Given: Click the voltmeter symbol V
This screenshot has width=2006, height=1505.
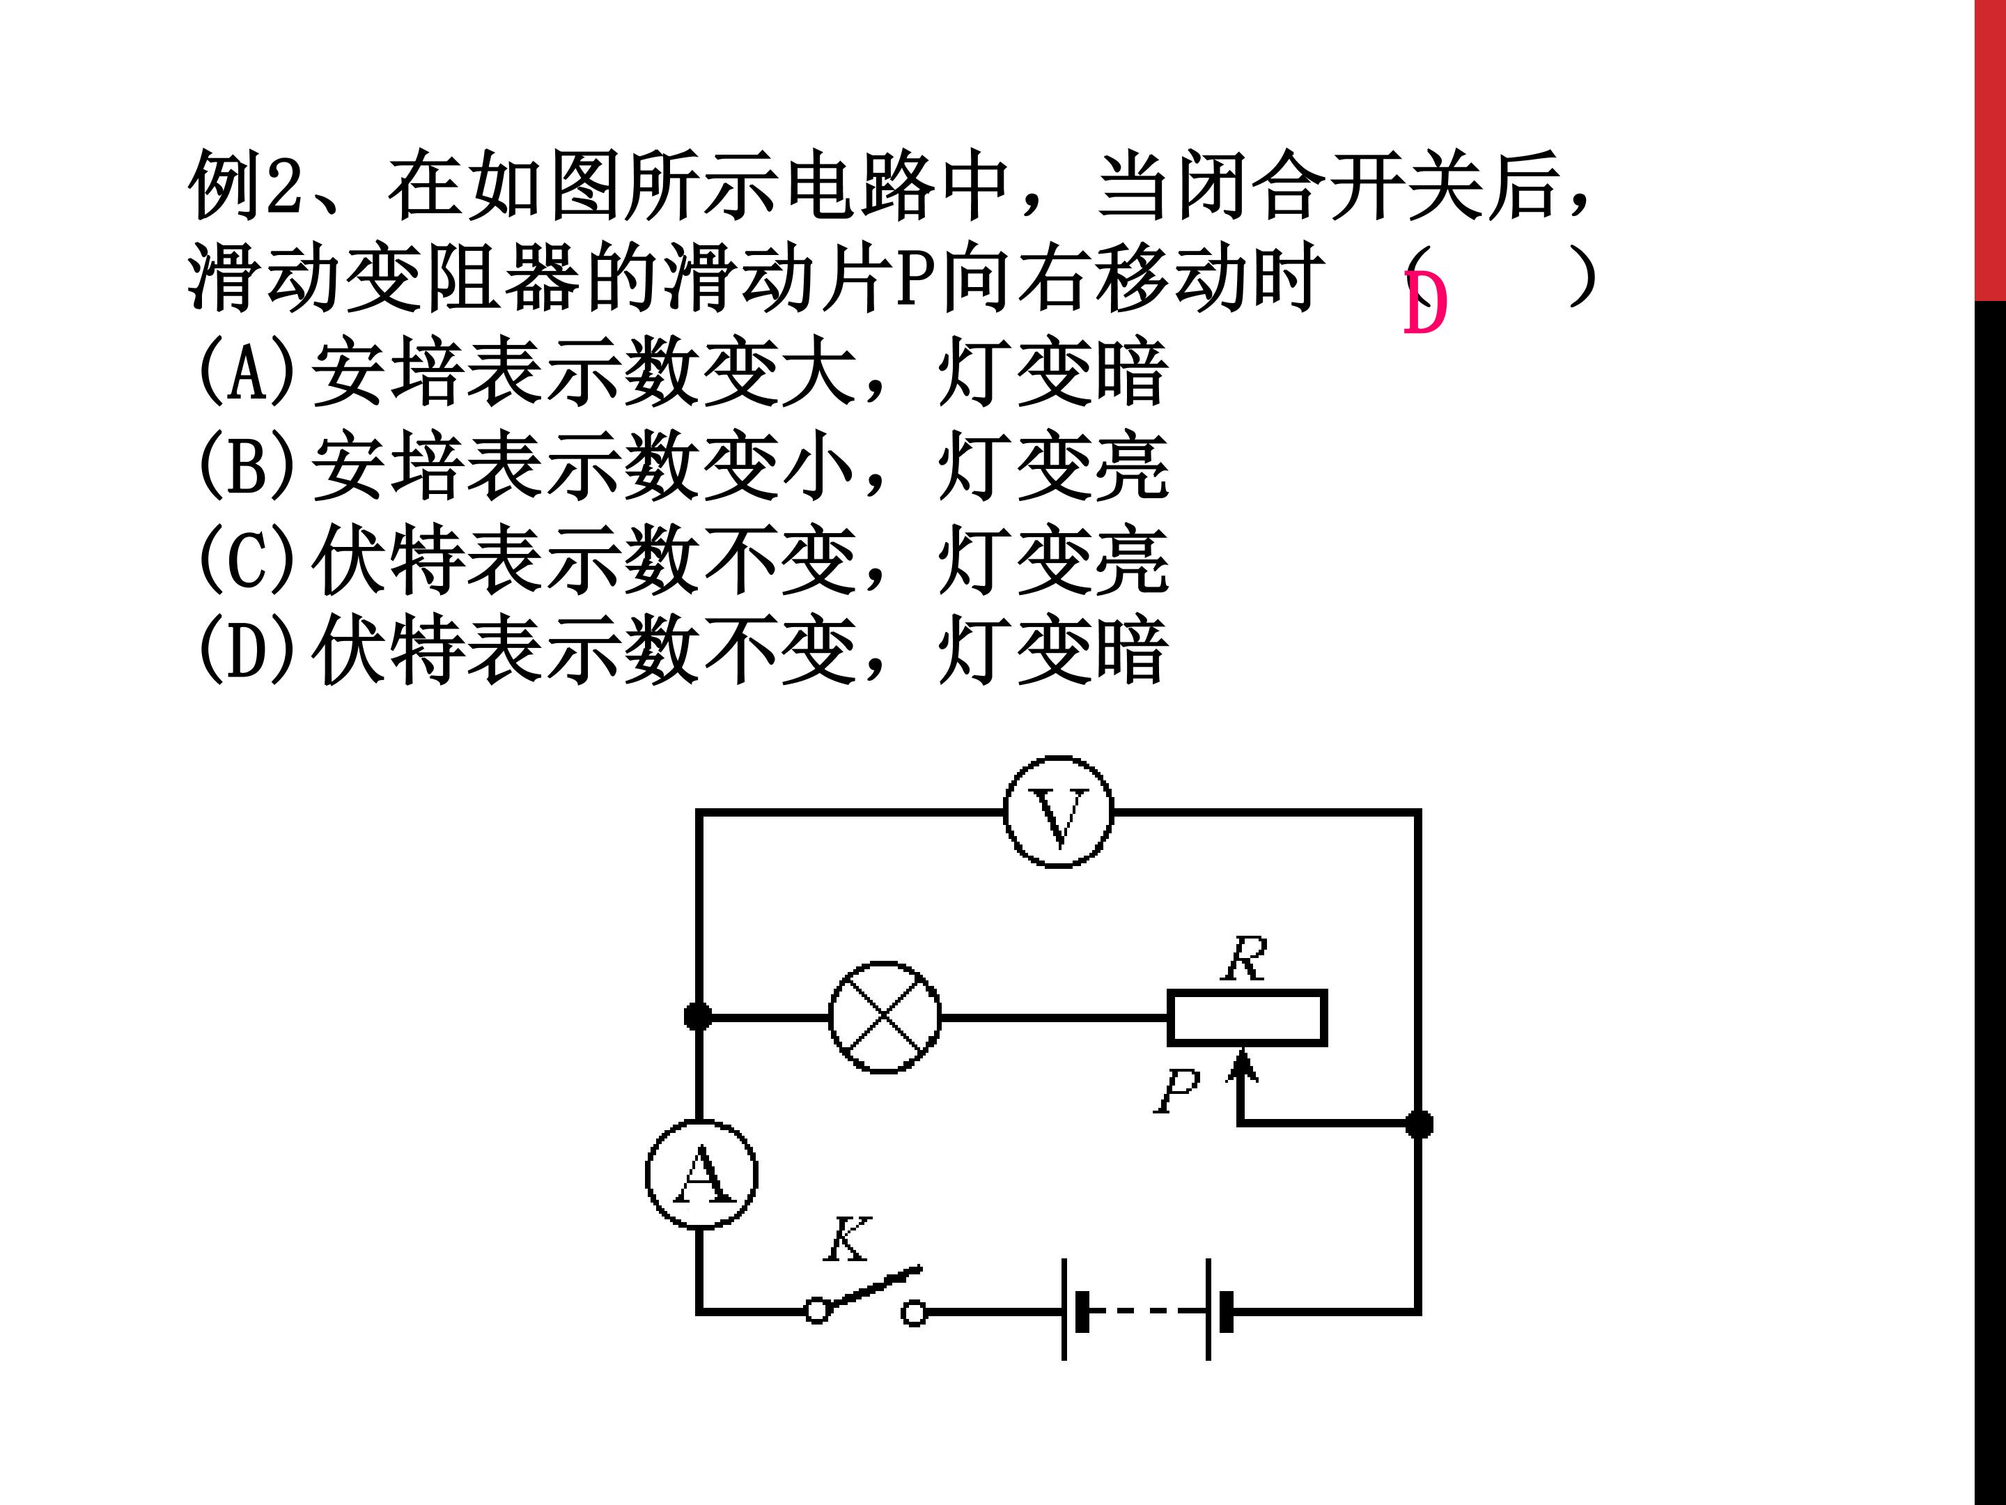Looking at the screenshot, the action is click(1058, 812).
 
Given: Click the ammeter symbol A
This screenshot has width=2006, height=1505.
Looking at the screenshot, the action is click(701, 1174).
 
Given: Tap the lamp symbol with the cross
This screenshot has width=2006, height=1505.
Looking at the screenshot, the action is click(884, 1017).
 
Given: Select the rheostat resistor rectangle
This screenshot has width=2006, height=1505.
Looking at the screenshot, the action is click(1247, 1018).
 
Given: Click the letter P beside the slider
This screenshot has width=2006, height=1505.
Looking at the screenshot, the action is click(1177, 1090).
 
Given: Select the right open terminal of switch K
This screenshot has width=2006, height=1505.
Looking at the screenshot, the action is click(914, 1313).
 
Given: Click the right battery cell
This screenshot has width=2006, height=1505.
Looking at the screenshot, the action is click(1217, 1309).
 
